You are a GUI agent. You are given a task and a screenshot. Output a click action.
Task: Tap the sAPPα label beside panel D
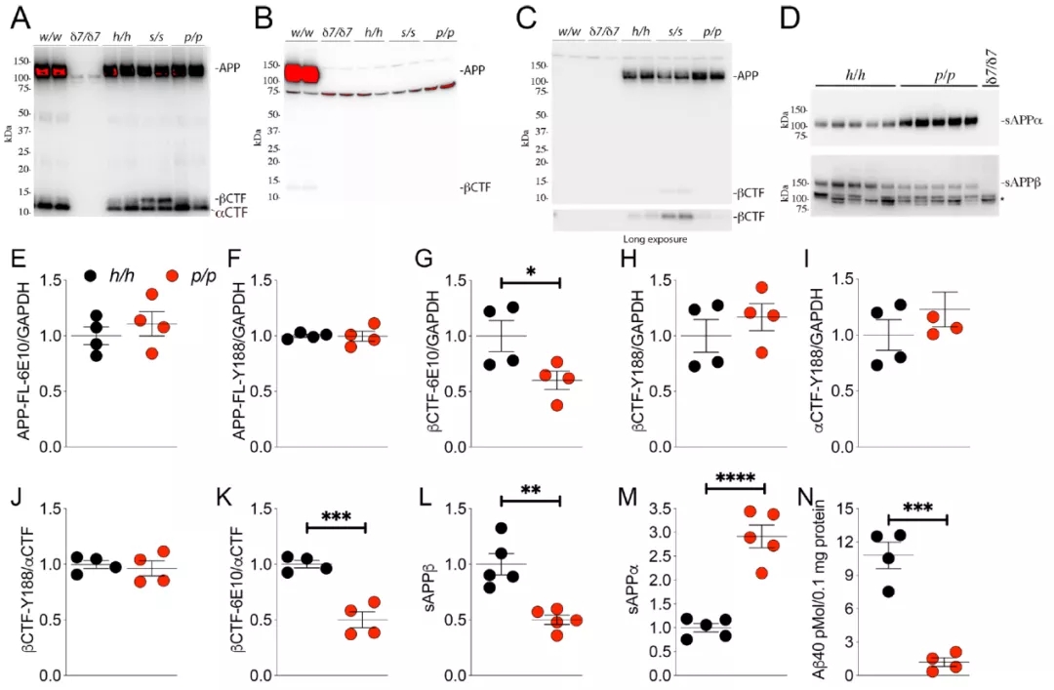(x=1022, y=121)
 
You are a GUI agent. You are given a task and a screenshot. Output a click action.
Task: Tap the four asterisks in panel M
(x=735, y=478)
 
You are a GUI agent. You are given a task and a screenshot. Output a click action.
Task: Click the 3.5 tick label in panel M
(x=667, y=508)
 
